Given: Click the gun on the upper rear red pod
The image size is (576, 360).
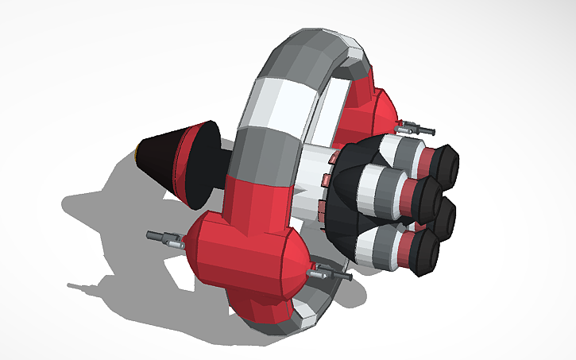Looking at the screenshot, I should (416, 126).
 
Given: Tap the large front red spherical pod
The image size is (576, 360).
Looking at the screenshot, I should (238, 254).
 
